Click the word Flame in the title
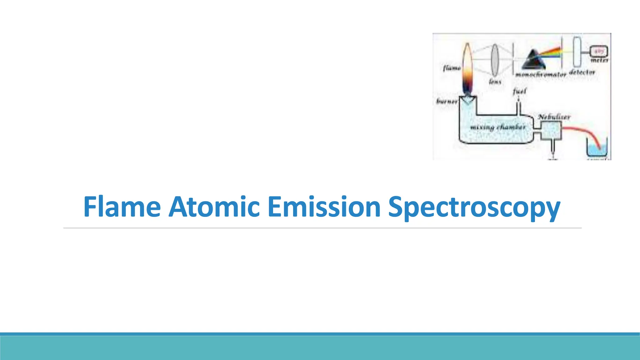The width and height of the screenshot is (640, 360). click(122, 207)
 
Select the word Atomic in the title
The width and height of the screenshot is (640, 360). click(214, 207)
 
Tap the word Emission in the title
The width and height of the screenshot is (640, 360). click(324, 207)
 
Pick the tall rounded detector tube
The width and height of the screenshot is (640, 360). click(577, 52)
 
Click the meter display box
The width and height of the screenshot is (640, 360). click(598, 51)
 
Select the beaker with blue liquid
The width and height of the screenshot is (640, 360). click(597, 149)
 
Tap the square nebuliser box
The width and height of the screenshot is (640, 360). click(551, 130)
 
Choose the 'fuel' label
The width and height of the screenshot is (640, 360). click(519, 91)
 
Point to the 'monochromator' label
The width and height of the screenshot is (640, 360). click(541, 75)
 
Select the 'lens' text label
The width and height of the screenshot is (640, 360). click(495, 82)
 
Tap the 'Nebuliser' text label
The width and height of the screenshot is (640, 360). click(554, 117)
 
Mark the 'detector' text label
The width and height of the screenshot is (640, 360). click(582, 72)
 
